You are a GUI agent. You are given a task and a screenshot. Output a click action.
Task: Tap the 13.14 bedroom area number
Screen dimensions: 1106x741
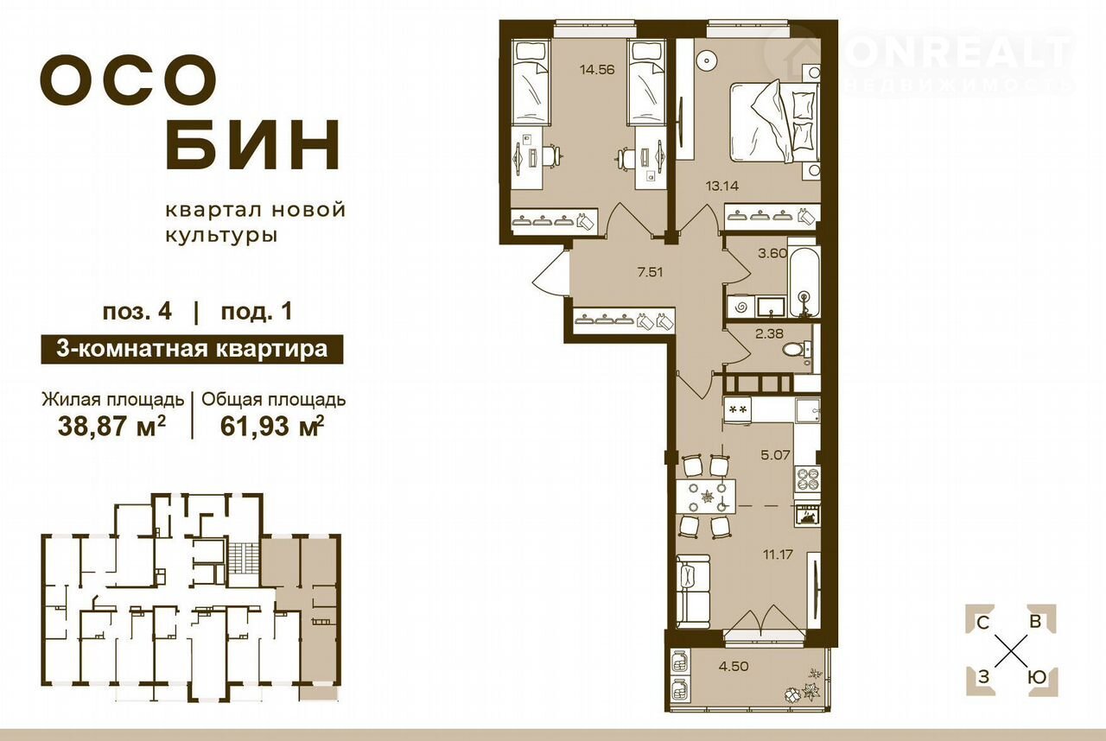point(721,186)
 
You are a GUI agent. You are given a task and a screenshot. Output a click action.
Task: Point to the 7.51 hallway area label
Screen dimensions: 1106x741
point(650,272)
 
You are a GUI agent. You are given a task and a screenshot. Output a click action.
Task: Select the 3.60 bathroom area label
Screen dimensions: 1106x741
point(772,254)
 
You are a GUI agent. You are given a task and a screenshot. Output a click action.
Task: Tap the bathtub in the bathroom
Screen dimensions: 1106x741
point(804,278)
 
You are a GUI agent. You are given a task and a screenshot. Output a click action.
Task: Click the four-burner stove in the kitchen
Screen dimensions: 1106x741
point(808,478)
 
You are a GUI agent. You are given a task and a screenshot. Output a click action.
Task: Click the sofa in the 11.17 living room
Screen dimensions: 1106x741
point(693,592)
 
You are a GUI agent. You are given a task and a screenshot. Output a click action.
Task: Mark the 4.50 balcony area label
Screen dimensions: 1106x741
point(734,667)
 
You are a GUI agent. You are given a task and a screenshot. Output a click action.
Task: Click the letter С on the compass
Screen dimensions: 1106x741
point(982,623)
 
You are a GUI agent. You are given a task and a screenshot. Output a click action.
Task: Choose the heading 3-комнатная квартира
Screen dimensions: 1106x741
point(192,349)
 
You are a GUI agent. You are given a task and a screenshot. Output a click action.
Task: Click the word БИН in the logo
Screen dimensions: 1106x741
point(253,143)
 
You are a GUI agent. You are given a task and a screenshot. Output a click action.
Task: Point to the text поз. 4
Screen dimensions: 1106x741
point(137,312)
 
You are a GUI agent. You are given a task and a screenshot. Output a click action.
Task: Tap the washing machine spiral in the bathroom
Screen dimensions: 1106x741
point(741,307)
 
